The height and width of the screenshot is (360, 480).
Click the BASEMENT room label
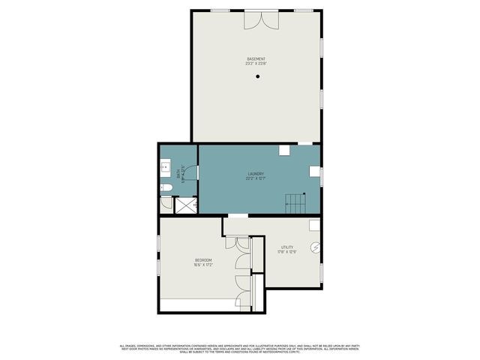click(x=256, y=58)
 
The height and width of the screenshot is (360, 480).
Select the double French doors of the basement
click(x=256, y=19)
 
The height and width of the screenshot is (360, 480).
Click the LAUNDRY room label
click(x=256, y=174)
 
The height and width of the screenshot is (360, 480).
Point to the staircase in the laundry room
click(x=295, y=201)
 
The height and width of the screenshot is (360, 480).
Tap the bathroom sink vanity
click(x=165, y=169)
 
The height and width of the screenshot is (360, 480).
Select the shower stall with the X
click(x=184, y=205)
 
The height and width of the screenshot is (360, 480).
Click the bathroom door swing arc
click(x=190, y=172)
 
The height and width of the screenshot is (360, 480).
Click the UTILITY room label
click(x=288, y=247)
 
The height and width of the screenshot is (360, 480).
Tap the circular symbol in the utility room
click(x=316, y=247)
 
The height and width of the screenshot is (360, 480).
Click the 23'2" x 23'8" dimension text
click(x=256, y=64)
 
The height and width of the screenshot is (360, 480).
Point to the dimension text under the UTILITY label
click(x=288, y=252)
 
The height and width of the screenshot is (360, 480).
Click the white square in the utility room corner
click(x=315, y=224)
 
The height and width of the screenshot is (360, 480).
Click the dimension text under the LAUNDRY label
click(x=256, y=178)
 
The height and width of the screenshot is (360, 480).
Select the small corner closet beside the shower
click(x=166, y=202)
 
